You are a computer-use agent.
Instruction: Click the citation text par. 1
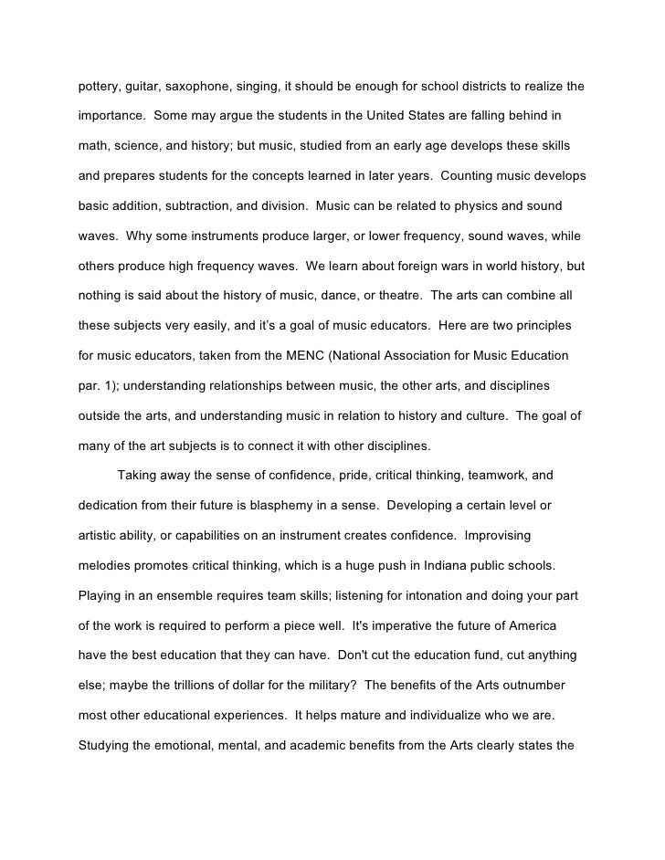[x=98, y=385]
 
